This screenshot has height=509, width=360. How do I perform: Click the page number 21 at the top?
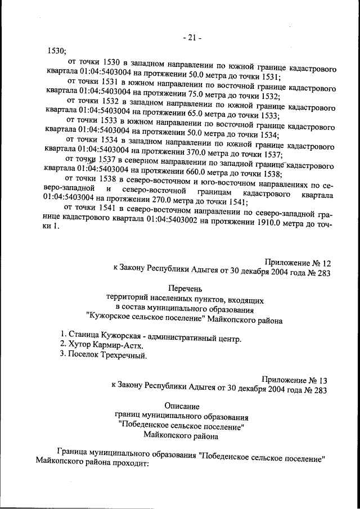click(190, 38)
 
